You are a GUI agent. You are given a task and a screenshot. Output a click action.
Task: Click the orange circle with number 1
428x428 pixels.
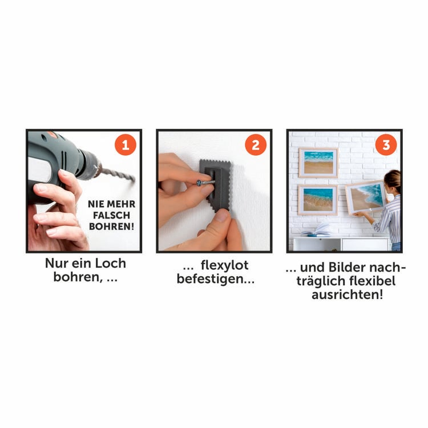point(126,146)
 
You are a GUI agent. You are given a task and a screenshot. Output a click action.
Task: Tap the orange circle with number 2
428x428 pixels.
point(256,146)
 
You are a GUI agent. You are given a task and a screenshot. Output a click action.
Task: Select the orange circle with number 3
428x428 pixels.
point(386,146)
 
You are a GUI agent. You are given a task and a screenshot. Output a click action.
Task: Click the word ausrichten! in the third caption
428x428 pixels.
point(347,296)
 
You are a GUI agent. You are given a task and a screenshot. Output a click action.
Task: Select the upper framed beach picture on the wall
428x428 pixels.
point(318,163)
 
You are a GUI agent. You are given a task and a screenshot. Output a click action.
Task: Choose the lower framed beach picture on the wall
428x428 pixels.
point(318,200)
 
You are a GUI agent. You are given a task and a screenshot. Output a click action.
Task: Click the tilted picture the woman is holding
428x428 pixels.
point(365,196)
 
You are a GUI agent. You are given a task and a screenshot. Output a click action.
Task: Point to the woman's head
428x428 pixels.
point(393,181)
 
